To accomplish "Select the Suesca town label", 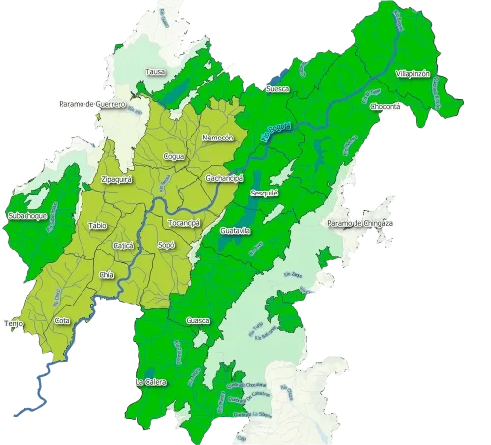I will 278,89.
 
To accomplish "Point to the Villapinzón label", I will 411,74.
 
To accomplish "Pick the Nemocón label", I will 216,139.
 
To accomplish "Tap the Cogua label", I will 174,156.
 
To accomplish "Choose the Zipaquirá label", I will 117,179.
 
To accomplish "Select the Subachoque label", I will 23,213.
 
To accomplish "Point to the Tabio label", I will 97,226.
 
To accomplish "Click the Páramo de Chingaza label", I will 359,224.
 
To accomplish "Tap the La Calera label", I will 150,381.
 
